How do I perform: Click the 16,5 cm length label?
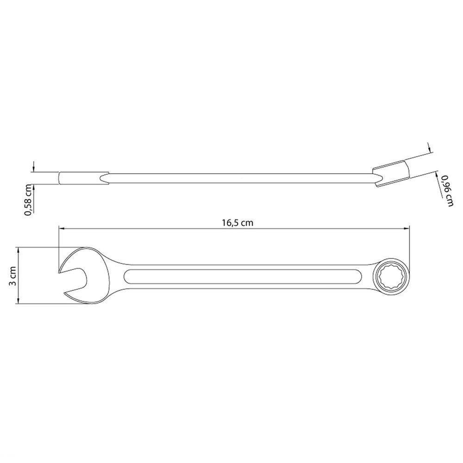click(x=238, y=223)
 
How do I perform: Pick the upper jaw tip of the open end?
click(x=59, y=273)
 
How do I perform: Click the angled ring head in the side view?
click(x=391, y=173)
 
